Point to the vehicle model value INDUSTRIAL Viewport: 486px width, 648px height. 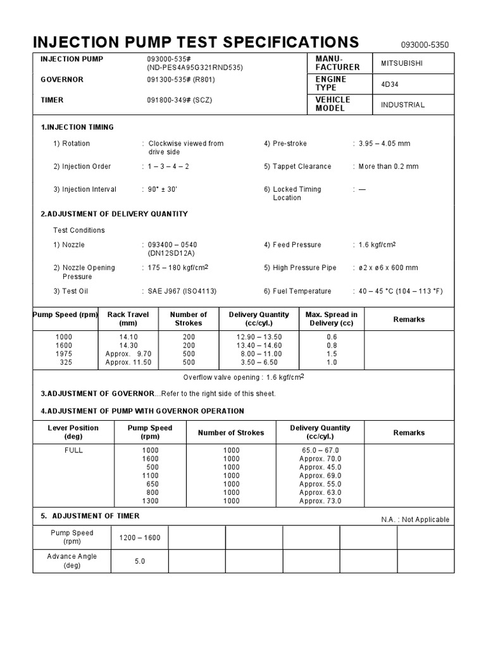coord(402,104)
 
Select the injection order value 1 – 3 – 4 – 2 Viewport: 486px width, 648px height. coord(169,166)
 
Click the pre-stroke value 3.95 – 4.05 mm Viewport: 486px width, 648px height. coord(383,144)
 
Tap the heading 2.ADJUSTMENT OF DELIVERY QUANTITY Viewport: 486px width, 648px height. coord(114,214)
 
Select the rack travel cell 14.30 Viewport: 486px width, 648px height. coord(128,346)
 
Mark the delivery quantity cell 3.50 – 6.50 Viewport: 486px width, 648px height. coord(259,363)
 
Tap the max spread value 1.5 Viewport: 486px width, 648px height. coord(332,354)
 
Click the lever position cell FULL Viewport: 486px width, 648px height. coord(73,451)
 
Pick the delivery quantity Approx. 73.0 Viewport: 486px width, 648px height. coord(320,501)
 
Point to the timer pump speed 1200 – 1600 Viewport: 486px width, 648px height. coord(140,538)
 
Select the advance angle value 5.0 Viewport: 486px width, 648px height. coord(140,561)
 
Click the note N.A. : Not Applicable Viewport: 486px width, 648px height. coord(414,520)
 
